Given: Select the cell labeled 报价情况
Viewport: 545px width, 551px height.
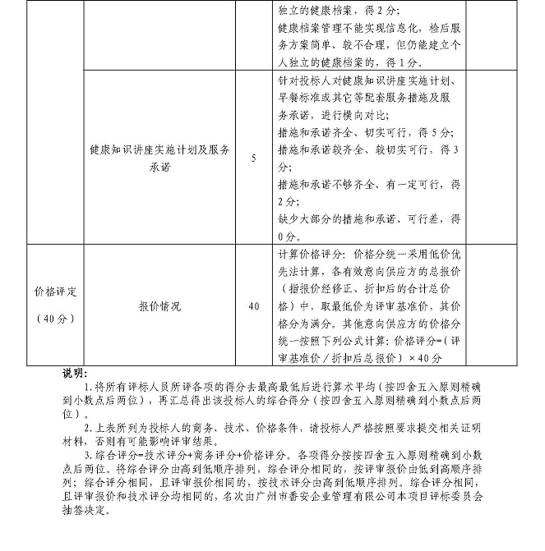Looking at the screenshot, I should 160,306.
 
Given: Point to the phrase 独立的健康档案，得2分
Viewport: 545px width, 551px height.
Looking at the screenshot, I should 339,11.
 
